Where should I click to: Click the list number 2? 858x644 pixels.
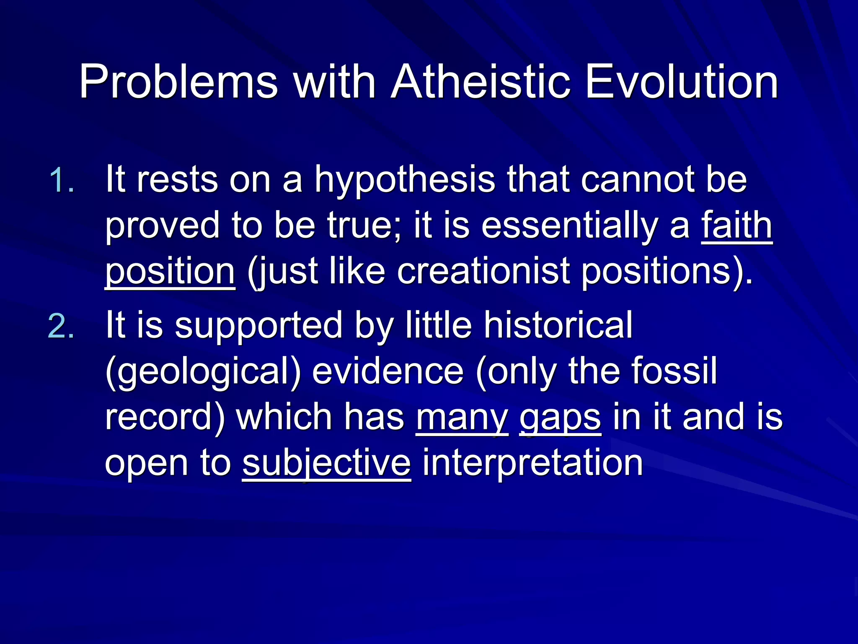pos(61,326)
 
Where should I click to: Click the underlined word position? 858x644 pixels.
pos(170,273)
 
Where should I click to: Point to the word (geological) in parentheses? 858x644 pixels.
pos(203,372)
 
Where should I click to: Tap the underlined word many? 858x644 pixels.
pos(462,418)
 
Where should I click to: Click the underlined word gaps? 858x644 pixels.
pos(560,418)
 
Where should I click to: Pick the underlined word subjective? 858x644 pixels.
pos(326,464)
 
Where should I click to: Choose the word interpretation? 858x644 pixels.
pos(532,464)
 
